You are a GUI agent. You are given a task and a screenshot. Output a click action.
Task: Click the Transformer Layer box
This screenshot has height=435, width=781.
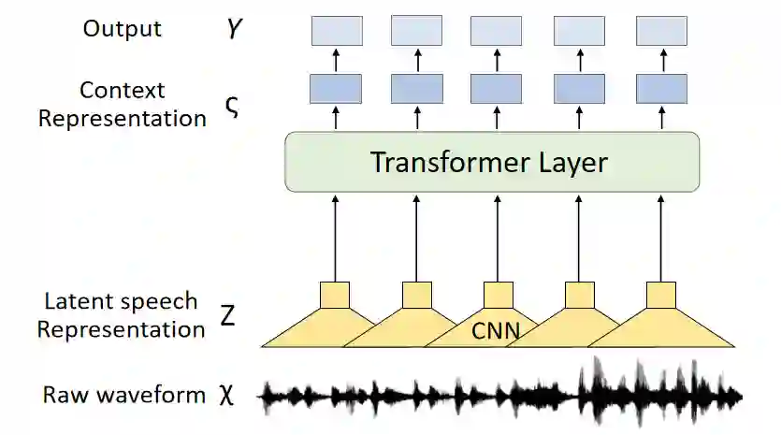[492, 163]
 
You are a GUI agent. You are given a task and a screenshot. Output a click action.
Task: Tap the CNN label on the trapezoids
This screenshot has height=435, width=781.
[497, 330]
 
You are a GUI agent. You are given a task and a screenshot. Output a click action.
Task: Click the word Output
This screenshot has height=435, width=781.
[123, 28]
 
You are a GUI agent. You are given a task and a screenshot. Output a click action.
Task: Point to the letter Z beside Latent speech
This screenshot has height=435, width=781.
[227, 315]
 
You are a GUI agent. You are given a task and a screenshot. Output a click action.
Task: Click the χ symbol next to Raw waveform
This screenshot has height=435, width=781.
[225, 394]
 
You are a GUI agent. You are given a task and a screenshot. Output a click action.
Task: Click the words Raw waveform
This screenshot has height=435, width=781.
[124, 395]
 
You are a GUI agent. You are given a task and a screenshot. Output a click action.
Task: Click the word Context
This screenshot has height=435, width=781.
[123, 91]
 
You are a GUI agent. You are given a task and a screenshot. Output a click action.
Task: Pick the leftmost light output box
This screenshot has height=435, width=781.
[336, 31]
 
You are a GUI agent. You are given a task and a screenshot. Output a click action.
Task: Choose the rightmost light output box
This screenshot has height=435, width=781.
[661, 31]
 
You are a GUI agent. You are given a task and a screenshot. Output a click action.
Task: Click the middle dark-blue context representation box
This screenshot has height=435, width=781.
[496, 89]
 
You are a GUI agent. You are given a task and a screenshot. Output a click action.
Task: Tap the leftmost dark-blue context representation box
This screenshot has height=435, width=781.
[336, 89]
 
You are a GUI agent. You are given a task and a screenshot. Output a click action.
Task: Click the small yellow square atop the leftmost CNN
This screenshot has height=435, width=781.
[336, 295]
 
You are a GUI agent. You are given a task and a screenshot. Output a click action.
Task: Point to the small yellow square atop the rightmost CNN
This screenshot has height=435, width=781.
[661, 295]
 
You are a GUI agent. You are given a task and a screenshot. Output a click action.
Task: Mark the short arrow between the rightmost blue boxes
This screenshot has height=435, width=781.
[661, 60]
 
